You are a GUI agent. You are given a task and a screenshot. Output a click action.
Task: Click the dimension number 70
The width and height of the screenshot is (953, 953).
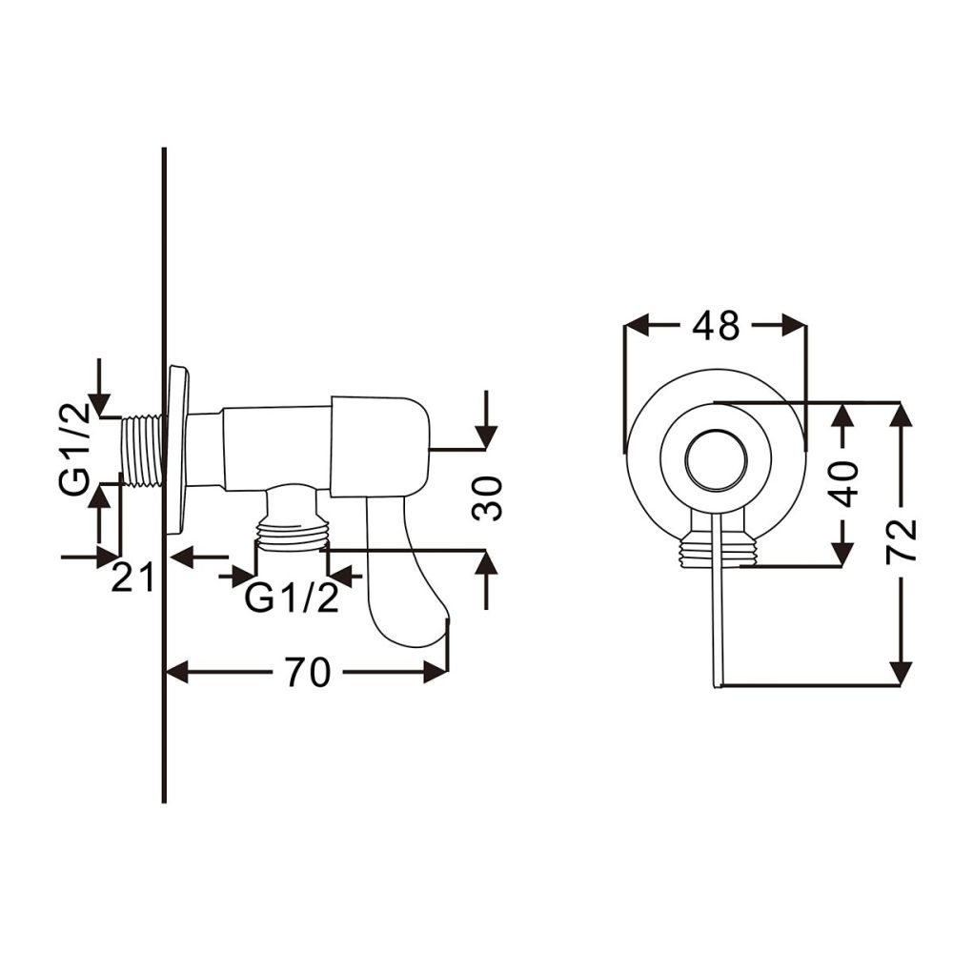(x=306, y=673)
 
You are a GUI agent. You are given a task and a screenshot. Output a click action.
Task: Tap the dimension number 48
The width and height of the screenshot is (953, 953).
(x=716, y=326)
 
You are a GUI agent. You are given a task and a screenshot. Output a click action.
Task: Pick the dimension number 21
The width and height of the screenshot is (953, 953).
(x=132, y=578)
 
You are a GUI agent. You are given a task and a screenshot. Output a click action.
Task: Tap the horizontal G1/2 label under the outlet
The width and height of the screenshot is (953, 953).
(x=291, y=599)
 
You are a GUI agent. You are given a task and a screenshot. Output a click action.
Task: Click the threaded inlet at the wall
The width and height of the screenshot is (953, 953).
(x=143, y=450)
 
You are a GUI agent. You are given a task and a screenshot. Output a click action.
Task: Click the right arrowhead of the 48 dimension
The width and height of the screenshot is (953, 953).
(x=794, y=326)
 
